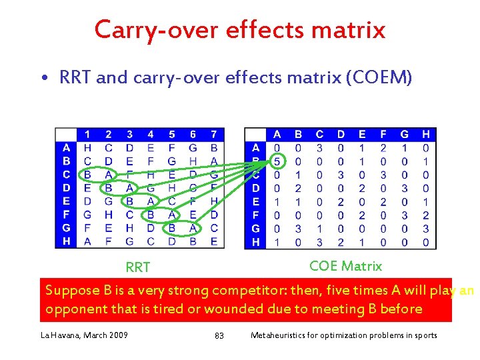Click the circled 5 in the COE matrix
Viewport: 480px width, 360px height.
coord(277,161)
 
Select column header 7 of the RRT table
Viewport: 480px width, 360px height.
coord(214,135)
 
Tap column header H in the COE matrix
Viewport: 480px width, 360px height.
coord(426,135)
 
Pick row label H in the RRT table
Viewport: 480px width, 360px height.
coord(66,241)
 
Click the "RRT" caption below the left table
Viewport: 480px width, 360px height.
coord(138,267)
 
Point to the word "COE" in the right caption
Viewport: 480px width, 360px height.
coord(324,266)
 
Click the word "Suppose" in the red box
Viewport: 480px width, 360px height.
coord(71,291)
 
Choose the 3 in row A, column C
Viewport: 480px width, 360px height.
coord(319,147)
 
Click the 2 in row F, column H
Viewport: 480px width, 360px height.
coord(426,215)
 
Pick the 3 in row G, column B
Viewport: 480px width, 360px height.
coord(298,228)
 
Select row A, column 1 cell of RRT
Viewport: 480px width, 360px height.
coord(87,147)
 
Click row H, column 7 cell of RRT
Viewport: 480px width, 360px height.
coord(214,241)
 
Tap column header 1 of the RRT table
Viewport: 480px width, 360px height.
coord(87,135)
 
